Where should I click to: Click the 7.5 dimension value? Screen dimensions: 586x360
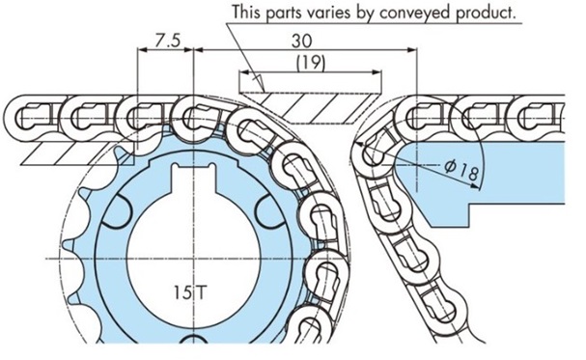click(167, 41)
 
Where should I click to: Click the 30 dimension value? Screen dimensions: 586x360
click(301, 42)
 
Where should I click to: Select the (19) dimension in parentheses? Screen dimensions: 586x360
click(311, 63)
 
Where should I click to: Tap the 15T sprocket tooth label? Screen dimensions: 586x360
click(190, 292)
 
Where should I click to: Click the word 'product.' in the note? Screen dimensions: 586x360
click(486, 14)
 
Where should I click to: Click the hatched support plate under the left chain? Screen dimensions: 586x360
click(76, 153)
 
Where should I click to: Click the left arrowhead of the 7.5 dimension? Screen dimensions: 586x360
click(142, 49)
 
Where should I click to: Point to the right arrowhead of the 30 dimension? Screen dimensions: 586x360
click(412, 49)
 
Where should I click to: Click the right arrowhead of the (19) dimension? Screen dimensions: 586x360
click(377, 72)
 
